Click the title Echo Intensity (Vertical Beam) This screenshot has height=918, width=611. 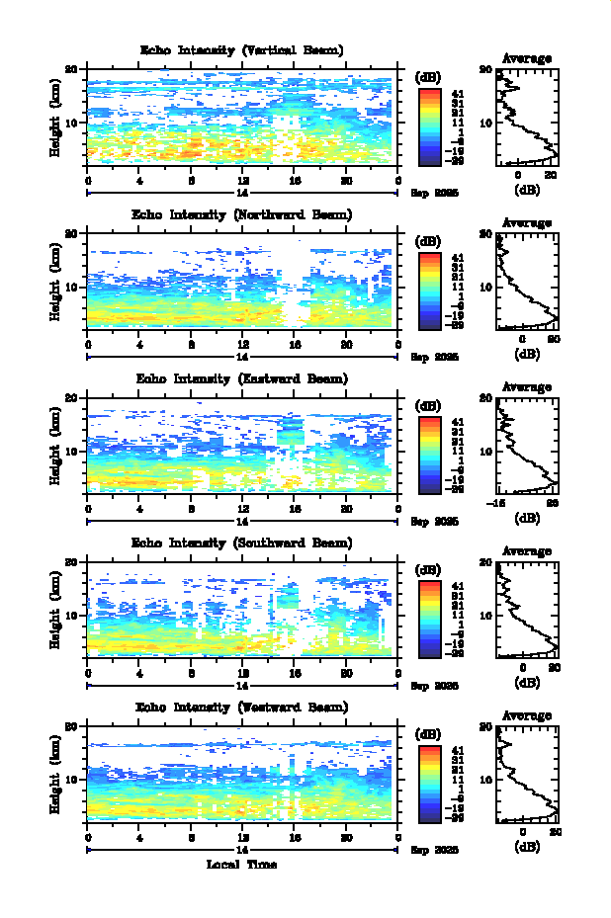point(241,50)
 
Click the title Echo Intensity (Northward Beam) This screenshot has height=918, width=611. point(241,214)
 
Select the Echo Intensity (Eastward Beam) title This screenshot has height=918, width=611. point(241,378)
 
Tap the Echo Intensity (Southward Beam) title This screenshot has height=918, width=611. point(241,542)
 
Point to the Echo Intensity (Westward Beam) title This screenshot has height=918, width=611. point(241,707)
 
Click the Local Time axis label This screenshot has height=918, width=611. point(241,865)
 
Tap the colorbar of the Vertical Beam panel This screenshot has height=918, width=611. point(428,124)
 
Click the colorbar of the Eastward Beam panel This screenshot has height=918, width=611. point(428,452)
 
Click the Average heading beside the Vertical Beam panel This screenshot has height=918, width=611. point(527,59)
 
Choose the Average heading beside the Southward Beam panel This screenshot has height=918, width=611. point(527,551)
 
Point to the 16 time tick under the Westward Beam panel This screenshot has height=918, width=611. point(294,837)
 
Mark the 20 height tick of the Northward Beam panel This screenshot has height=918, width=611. point(71,233)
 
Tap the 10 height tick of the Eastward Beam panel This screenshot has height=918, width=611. point(71,451)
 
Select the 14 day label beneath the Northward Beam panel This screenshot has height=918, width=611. point(241,357)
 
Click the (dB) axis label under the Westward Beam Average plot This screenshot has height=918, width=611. point(527,848)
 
